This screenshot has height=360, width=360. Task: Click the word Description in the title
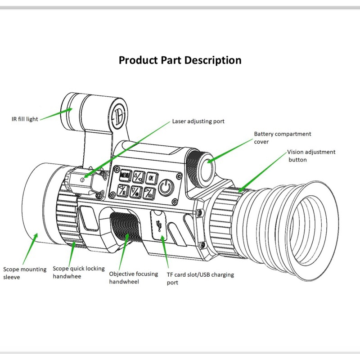[x=213, y=60]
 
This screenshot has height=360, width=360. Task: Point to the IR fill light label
[x=25, y=119]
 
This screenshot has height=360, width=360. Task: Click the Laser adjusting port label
[x=198, y=121]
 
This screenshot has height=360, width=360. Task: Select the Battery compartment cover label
[x=282, y=138]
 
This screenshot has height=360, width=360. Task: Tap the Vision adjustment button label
[x=311, y=156]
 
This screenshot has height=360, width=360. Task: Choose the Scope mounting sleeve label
[x=25, y=273]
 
